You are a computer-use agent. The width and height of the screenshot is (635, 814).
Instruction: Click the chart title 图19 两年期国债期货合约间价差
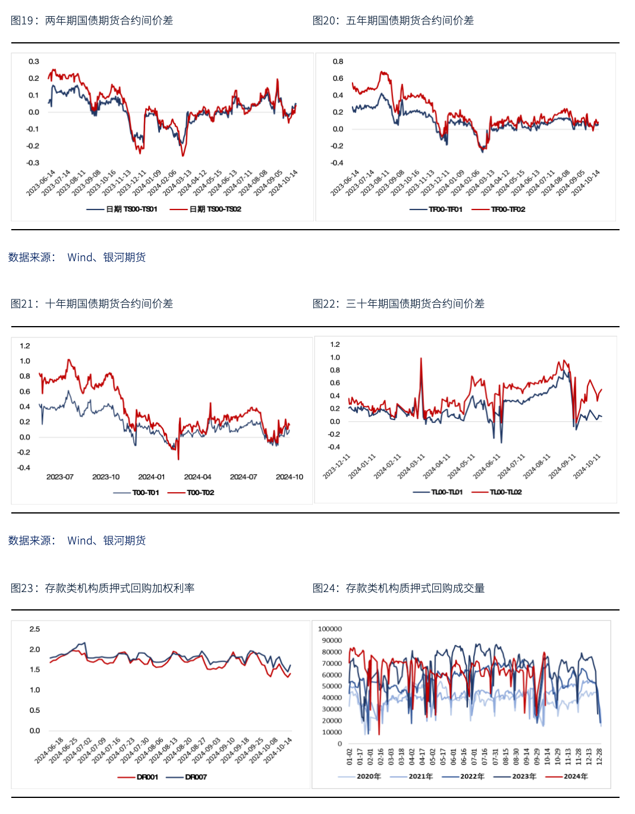pyautogui.click(x=92, y=21)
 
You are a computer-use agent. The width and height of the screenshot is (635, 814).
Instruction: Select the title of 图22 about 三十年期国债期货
pyautogui.click(x=398, y=304)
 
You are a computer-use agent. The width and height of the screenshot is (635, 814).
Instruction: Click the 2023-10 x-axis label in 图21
pyautogui.click(x=106, y=477)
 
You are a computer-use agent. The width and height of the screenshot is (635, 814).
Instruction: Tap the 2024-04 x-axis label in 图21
pyautogui.click(x=197, y=477)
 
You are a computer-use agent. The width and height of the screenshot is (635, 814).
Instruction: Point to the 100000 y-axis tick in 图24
pyautogui.click(x=330, y=629)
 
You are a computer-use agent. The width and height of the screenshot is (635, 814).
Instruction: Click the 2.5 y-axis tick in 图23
pyautogui.click(x=34, y=629)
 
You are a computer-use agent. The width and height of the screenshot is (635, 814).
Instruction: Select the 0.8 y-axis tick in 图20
pyautogui.click(x=338, y=62)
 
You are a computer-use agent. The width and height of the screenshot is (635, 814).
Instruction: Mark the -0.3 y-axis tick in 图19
pyautogui.click(x=33, y=163)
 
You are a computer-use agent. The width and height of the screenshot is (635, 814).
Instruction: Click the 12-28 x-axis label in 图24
pyautogui.click(x=599, y=756)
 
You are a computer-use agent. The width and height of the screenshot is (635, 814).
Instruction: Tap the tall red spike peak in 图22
pyautogui.click(x=421, y=359)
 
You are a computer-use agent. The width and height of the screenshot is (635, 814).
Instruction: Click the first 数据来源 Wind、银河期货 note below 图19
pyautogui.click(x=77, y=258)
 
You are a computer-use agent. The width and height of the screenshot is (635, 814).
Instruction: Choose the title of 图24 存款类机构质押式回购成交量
pyautogui.click(x=398, y=588)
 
